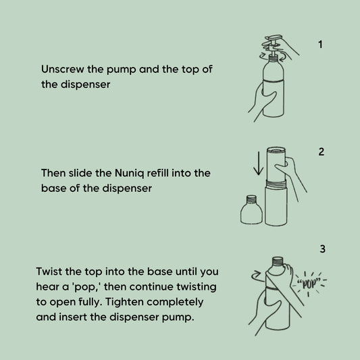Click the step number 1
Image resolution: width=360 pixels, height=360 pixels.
(321, 45)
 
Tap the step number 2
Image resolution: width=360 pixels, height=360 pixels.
(322, 152)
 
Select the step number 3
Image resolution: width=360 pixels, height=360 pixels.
(323, 249)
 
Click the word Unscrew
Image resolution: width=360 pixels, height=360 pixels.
(62, 69)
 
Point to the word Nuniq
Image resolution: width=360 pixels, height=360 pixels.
(129, 174)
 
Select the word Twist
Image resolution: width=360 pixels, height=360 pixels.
(49, 272)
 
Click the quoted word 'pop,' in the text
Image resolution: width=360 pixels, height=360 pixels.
(86, 287)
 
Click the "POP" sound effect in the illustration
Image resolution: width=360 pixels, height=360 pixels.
(308, 284)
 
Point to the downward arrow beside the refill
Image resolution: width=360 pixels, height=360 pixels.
(259, 163)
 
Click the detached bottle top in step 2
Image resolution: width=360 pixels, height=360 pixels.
(251, 210)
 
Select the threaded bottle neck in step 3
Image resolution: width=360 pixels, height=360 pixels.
(278, 262)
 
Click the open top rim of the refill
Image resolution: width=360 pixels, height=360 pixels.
(276, 150)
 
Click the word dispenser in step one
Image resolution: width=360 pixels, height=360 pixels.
(85, 84)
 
